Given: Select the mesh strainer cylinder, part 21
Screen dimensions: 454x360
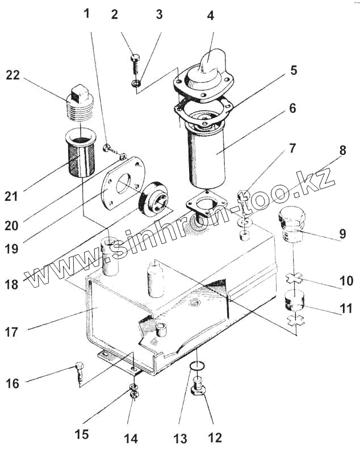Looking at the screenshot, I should pyautogui.click(x=81, y=154).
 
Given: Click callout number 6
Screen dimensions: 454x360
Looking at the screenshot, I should pyautogui.click(x=292, y=108).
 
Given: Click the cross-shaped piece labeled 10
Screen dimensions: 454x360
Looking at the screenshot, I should pyautogui.click(x=295, y=278).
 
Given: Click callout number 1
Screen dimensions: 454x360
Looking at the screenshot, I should pyautogui.click(x=87, y=13).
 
